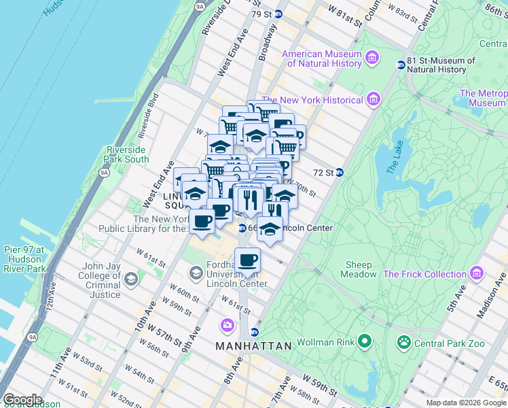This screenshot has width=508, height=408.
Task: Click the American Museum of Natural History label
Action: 322,58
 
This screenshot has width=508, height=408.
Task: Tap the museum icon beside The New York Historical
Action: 372,101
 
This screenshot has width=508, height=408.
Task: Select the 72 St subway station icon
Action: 339,173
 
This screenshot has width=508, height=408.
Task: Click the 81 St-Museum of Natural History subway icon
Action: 401,65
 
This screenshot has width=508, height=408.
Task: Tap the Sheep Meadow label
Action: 359,269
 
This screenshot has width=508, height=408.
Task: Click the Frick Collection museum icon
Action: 477,274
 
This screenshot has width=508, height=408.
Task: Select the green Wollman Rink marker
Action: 365,341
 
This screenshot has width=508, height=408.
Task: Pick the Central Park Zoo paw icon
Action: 404,341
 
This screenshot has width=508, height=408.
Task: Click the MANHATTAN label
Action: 253,346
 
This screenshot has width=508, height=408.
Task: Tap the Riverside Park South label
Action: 127,154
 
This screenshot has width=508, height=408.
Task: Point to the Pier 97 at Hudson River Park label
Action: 23,259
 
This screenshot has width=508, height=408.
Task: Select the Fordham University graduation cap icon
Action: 196,273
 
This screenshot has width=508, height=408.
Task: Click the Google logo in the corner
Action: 22,400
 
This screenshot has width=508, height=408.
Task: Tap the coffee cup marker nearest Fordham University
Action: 247,260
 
